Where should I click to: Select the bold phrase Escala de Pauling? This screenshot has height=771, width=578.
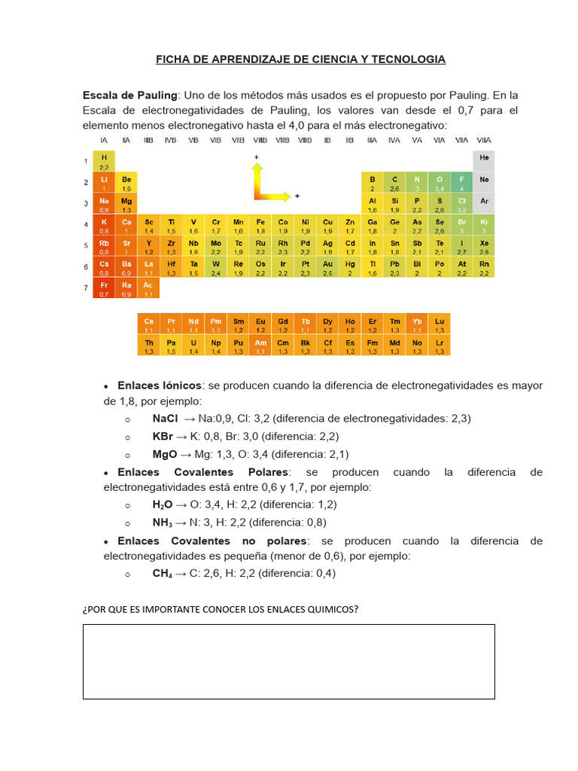point(130,96)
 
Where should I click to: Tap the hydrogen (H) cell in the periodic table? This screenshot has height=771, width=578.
point(104,161)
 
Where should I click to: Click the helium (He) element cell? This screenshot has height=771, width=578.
point(484,161)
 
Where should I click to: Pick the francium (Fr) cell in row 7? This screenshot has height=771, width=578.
point(104,288)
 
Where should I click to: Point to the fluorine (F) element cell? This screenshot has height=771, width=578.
point(461,182)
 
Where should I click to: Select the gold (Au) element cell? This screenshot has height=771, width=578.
point(327,267)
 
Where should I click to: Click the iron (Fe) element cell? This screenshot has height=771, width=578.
point(260,225)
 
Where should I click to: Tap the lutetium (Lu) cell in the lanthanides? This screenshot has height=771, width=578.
point(440,325)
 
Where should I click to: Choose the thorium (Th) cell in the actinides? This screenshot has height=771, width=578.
point(149,346)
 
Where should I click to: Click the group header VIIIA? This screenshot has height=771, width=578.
point(484,141)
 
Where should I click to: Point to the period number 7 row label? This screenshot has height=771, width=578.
point(87,288)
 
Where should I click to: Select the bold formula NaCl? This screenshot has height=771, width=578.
point(165,419)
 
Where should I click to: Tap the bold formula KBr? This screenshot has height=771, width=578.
point(163,437)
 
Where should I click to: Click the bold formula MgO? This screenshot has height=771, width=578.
point(165,454)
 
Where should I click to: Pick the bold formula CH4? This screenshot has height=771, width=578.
point(163,573)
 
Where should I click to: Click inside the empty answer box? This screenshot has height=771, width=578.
point(288,661)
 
